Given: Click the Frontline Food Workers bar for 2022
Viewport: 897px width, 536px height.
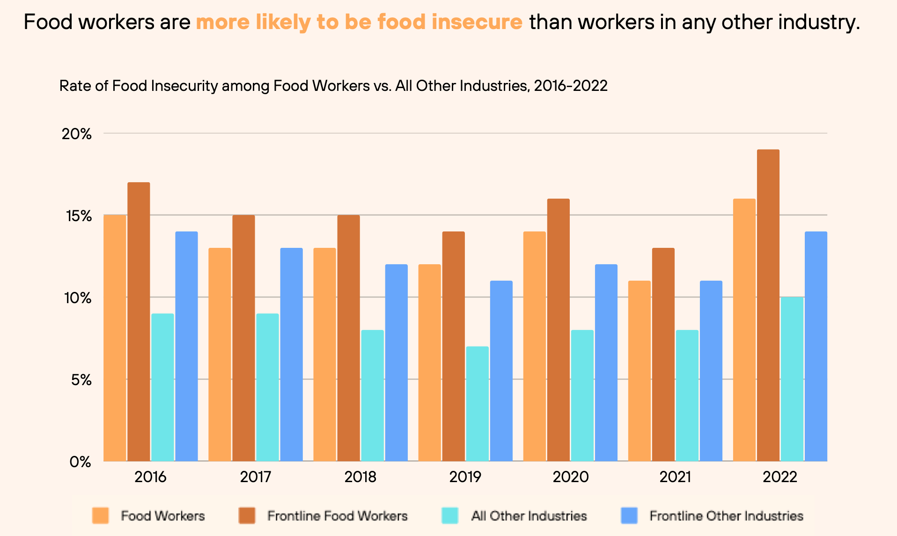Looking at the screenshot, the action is pyautogui.click(x=768, y=305).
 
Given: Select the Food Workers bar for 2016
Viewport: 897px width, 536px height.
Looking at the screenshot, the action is pyautogui.click(x=115, y=338).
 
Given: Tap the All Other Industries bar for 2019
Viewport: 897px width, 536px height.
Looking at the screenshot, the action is pyautogui.click(x=477, y=403).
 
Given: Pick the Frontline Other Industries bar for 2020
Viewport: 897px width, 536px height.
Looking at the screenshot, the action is pyautogui.click(x=606, y=363).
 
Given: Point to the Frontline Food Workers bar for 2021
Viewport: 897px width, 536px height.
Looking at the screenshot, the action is pyautogui.click(x=663, y=354).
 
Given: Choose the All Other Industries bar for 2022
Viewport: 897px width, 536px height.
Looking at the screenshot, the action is pyautogui.click(x=792, y=379).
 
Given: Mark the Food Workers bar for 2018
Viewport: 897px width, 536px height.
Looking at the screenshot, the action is pyautogui.click(x=324, y=354).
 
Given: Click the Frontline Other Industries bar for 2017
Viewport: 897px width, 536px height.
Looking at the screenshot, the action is pyautogui.click(x=292, y=354).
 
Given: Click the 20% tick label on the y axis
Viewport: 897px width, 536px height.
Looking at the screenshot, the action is pyautogui.click(x=77, y=134).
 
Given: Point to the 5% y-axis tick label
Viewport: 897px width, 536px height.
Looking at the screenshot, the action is pyautogui.click(x=81, y=380).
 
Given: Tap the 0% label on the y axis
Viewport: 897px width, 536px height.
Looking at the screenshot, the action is pyautogui.click(x=81, y=462).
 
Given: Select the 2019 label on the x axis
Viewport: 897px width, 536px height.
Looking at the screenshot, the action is pyautogui.click(x=465, y=477).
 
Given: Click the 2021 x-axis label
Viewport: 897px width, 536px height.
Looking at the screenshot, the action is pyautogui.click(x=675, y=477).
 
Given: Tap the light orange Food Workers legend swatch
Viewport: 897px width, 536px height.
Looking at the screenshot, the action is pyautogui.click(x=101, y=516).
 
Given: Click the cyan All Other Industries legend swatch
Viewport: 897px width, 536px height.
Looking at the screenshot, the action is pyautogui.click(x=450, y=516).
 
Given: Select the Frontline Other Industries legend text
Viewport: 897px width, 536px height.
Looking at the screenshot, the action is pyautogui.click(x=726, y=516).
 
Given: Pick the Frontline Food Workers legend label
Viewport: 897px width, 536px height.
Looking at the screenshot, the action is pyautogui.click(x=338, y=516).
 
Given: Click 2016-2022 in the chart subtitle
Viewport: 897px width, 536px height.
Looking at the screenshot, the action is pyautogui.click(x=571, y=86).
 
